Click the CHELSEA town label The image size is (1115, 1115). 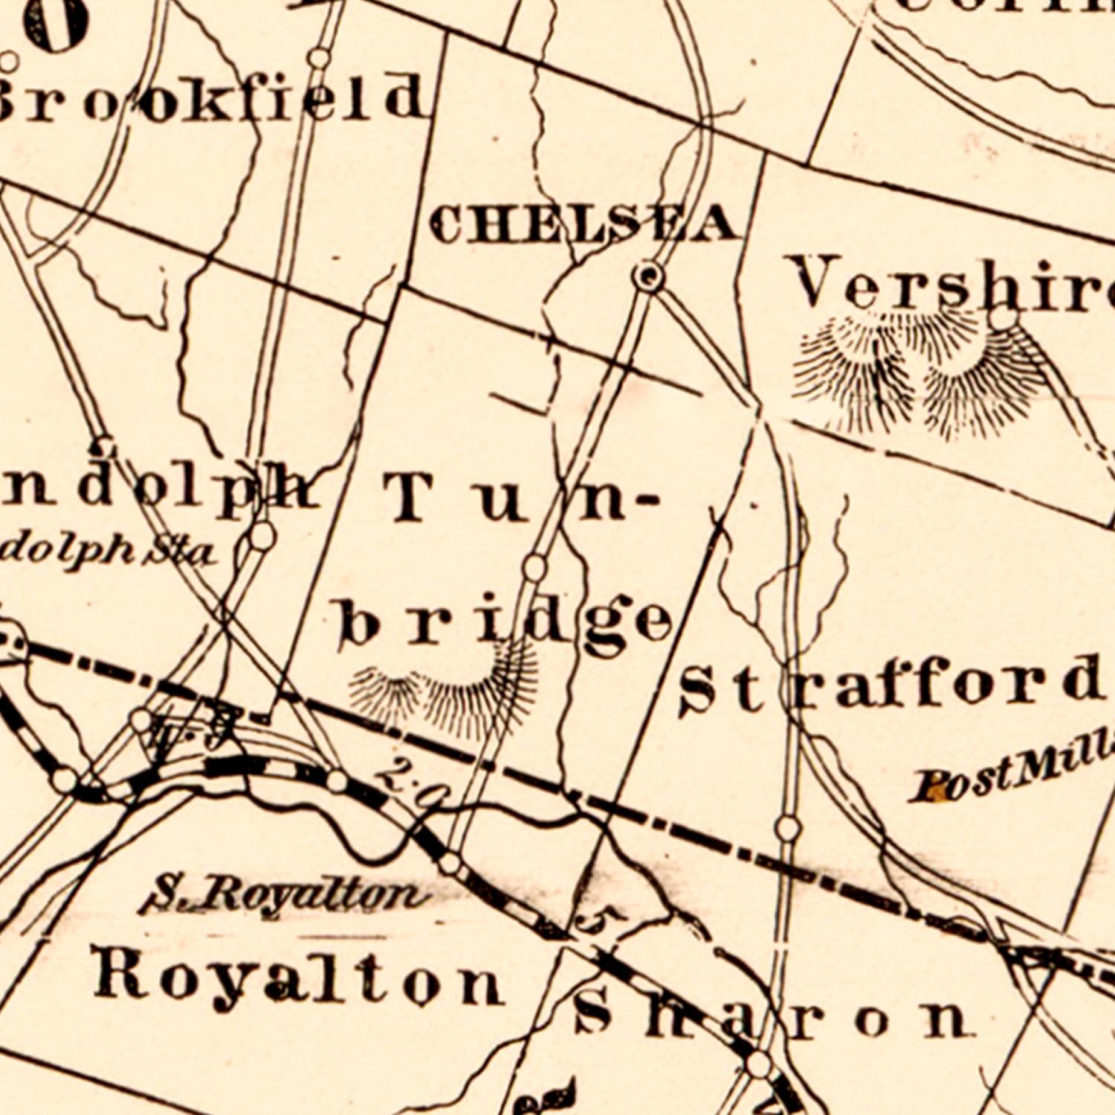point(584,224)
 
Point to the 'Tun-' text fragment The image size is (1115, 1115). point(520,498)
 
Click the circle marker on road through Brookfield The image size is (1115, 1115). point(319,57)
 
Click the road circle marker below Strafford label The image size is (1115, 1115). point(788,827)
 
